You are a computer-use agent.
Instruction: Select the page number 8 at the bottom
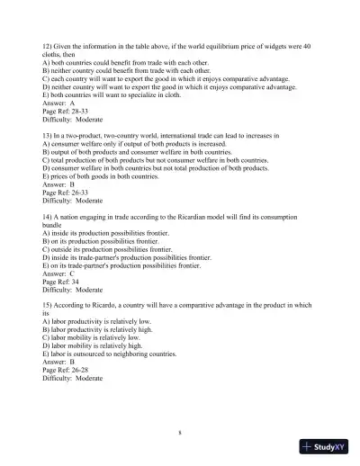pyautogui.click(x=180, y=433)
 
